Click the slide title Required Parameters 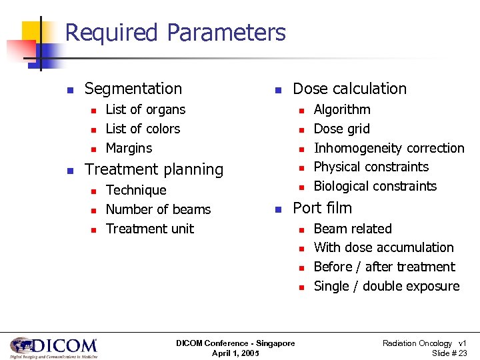(x=175, y=33)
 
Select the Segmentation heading (x=133, y=89)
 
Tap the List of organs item (x=145, y=109)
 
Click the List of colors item (x=143, y=129)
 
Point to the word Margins (x=129, y=148)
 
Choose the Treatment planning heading (x=154, y=169)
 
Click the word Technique (x=136, y=191)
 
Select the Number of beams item (x=158, y=209)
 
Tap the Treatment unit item (x=150, y=229)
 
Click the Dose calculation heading (x=349, y=89)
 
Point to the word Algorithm (x=342, y=109)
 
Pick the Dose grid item (x=341, y=129)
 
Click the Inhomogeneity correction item (x=389, y=148)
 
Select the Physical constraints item (x=371, y=167)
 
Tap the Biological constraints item (x=375, y=186)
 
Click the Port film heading (x=322, y=208)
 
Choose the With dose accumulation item (x=383, y=247)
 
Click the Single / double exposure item (x=387, y=286)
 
